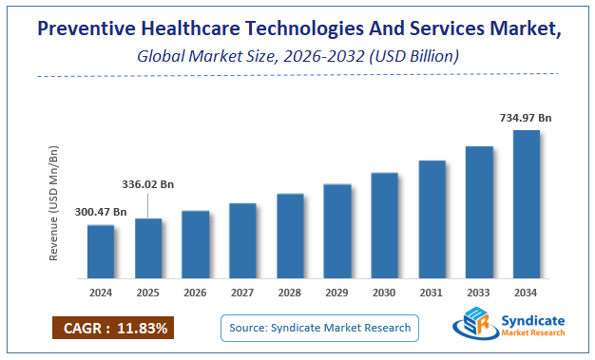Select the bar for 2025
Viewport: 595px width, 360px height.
pos(148,250)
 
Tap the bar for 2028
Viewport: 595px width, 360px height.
pos(290,237)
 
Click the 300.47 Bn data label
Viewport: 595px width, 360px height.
pos(101,212)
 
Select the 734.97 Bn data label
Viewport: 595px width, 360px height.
pos(527,117)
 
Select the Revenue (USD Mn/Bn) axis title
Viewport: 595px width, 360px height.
pos(54,204)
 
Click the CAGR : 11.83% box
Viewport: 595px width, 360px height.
pos(113,329)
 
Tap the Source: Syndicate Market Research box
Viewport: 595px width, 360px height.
pos(319,328)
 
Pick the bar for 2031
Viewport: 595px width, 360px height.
pos(432,220)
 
